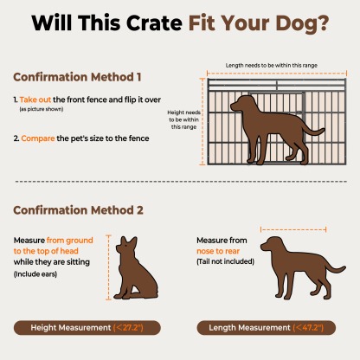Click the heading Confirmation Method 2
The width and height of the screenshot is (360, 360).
click(79, 209)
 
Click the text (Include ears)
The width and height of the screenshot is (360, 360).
click(40, 273)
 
